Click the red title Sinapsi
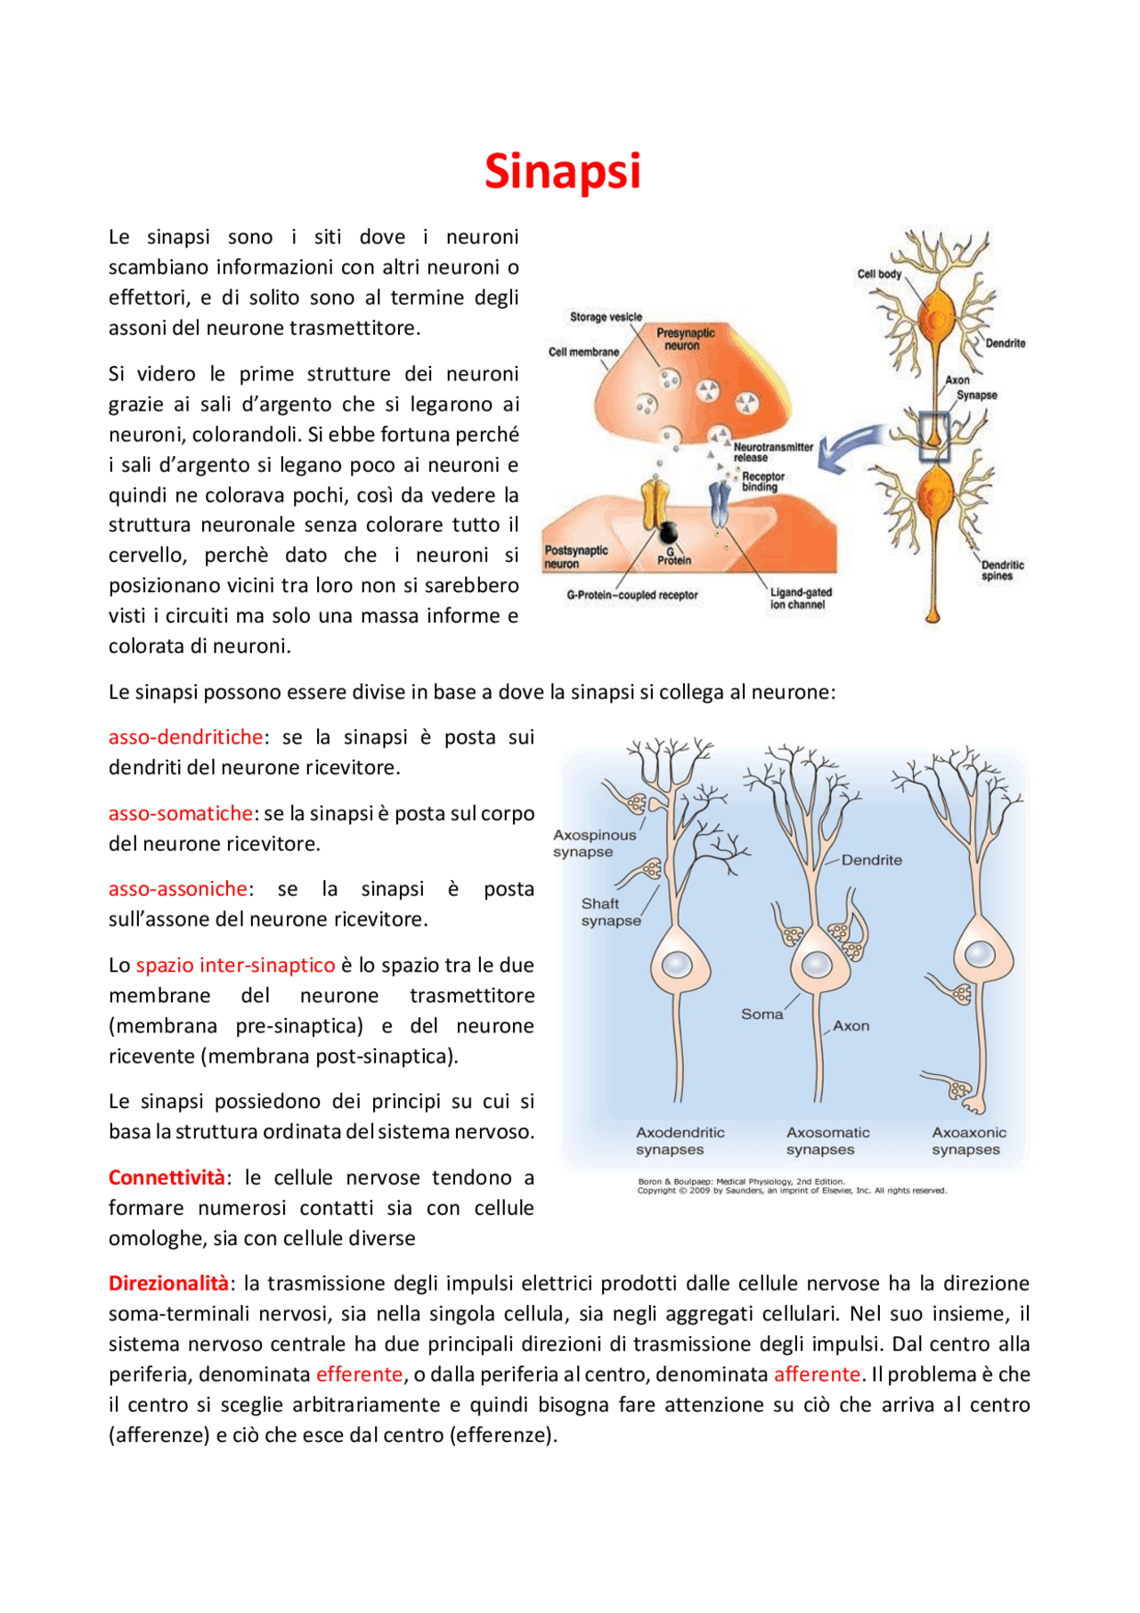coord(562,171)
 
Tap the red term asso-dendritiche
coord(185,737)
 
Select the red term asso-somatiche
coord(181,813)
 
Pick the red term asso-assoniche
coord(178,889)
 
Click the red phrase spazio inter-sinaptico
coord(235,965)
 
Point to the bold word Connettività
coord(167,1177)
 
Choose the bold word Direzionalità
coord(168,1283)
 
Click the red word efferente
coord(360,1374)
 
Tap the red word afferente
coord(817,1374)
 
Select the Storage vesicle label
coord(606,317)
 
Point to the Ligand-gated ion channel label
coord(801,599)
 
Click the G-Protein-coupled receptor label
coord(632,595)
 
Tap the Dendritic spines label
coord(1002,570)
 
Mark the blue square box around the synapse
coord(934,436)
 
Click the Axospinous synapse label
coord(594,843)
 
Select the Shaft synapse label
coord(610,912)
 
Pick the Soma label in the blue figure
coord(761,1014)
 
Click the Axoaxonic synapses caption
coord(968,1141)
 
